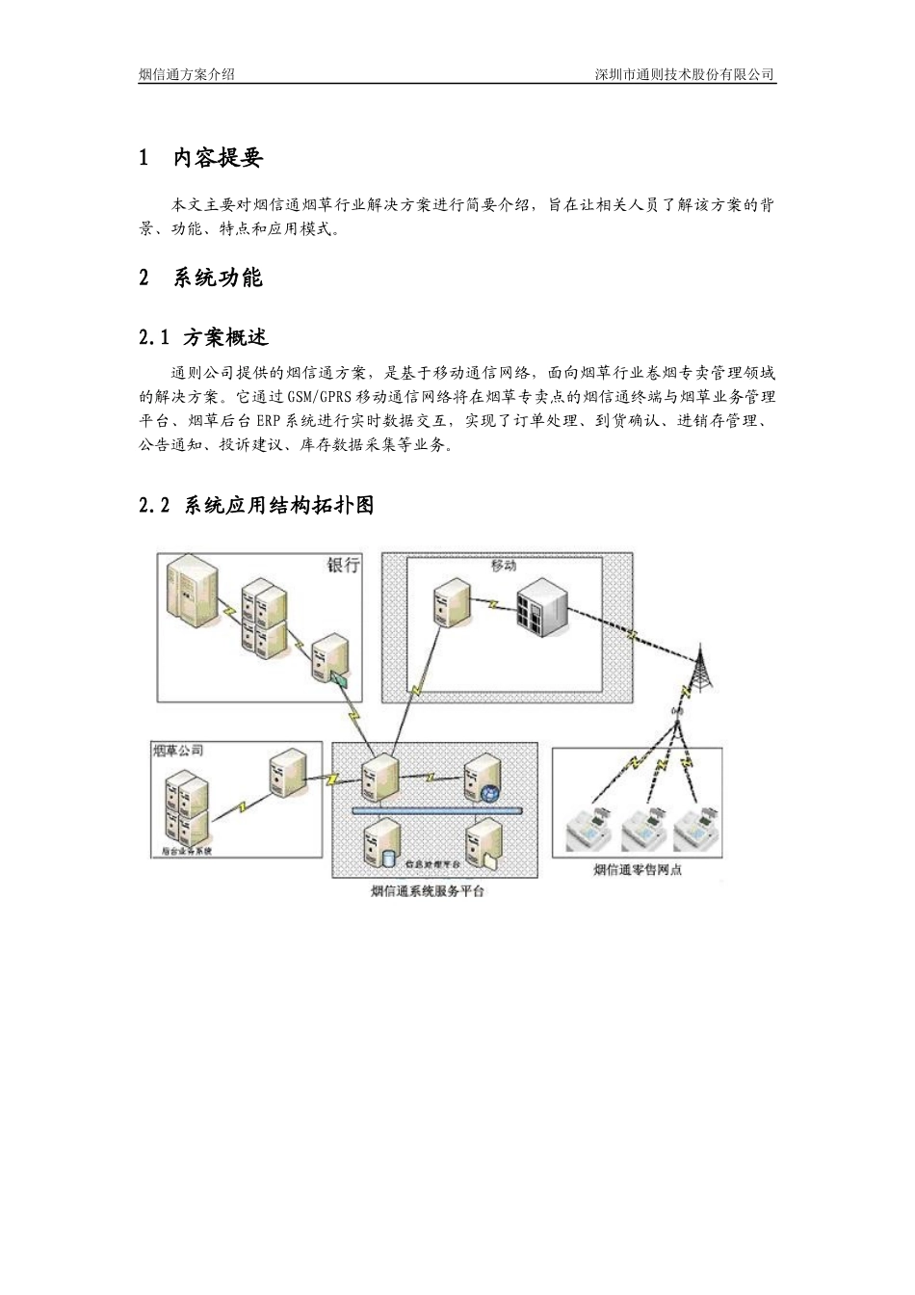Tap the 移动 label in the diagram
click(504, 565)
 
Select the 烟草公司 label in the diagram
click(177, 750)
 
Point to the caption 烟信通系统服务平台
click(428, 891)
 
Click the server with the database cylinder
click(379, 842)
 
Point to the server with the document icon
click(483, 842)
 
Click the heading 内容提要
click(218, 158)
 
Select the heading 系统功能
click(218, 278)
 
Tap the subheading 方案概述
click(225, 337)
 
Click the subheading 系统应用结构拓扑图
click(277, 505)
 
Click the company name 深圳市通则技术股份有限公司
click(685, 74)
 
